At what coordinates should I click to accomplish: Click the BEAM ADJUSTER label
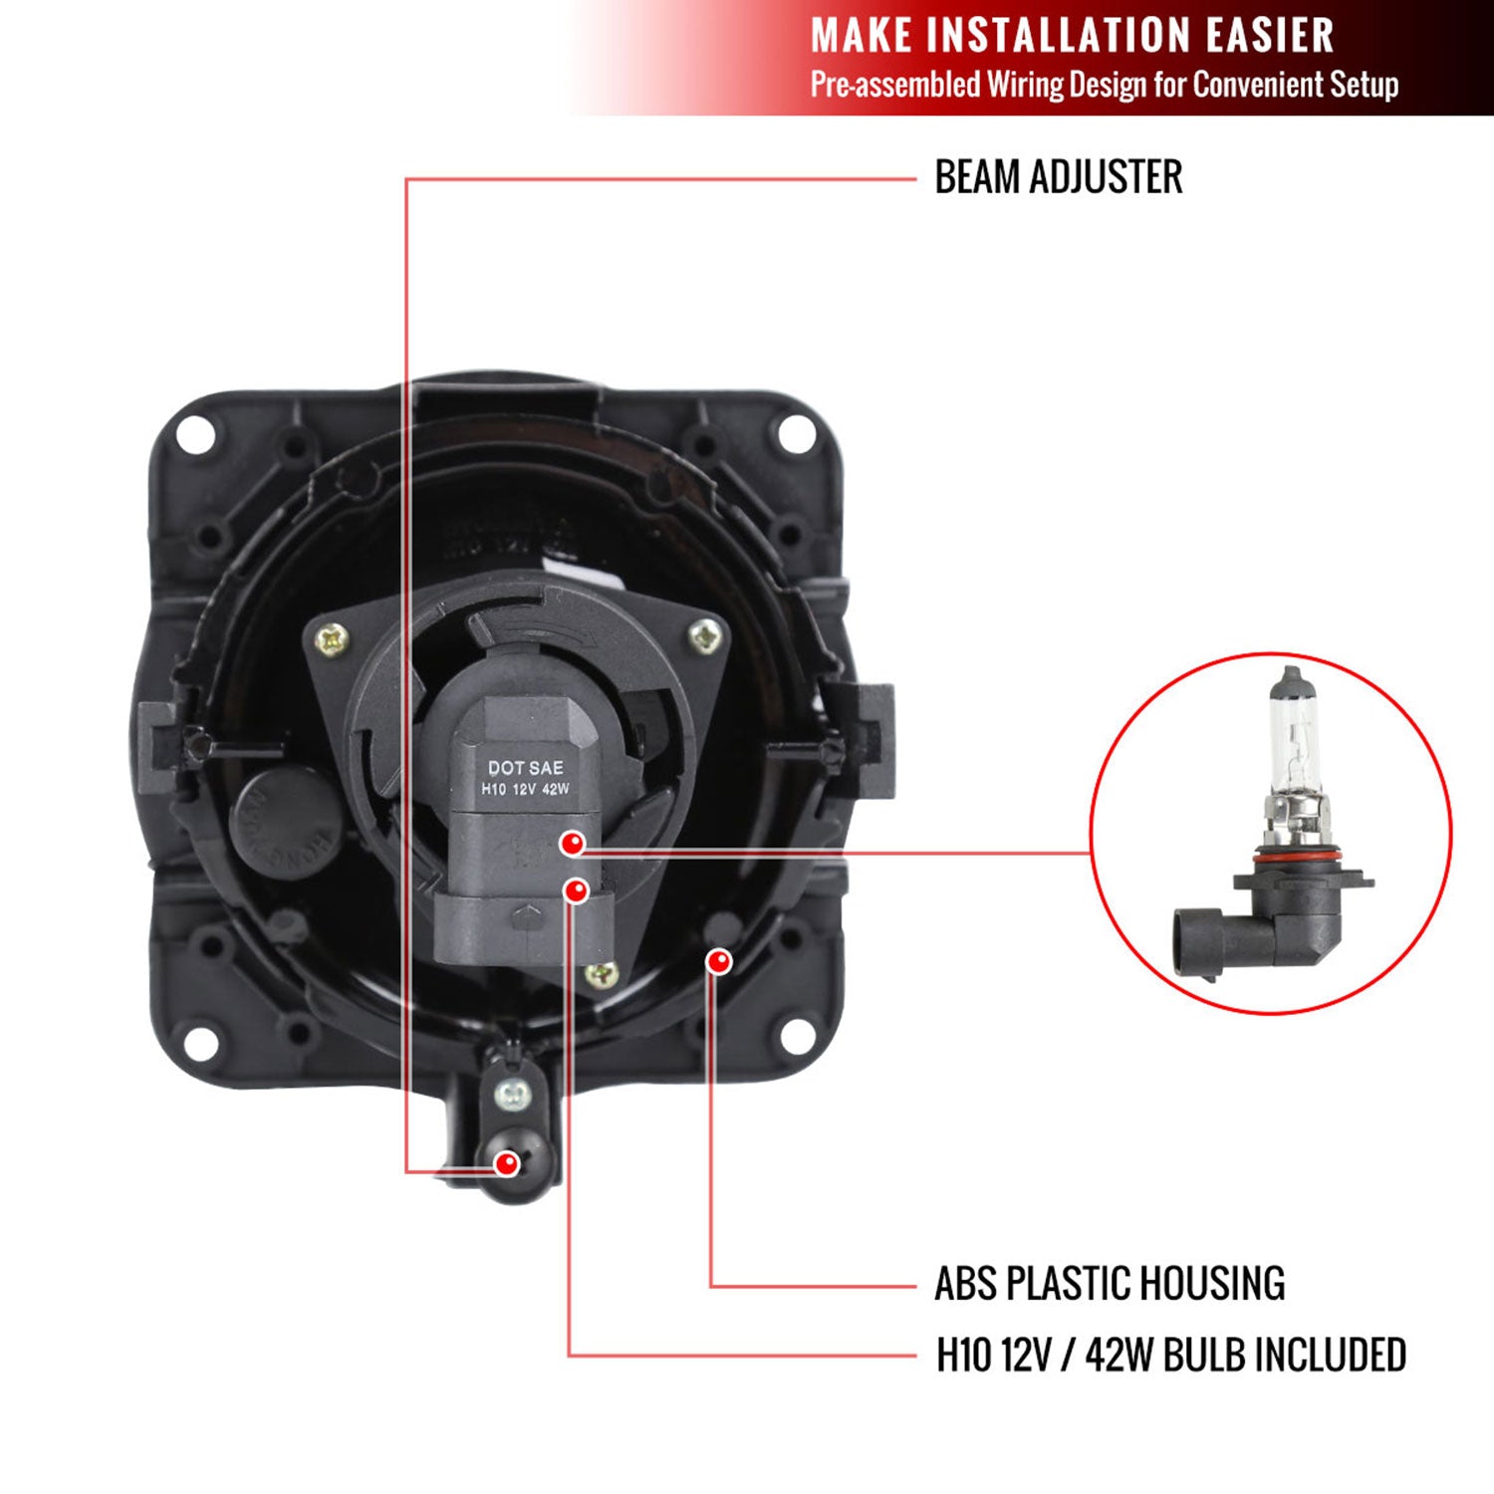click(x=1058, y=177)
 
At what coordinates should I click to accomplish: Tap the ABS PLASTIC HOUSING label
click(x=1109, y=1284)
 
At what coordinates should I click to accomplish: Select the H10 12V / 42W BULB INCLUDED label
click(x=1170, y=1356)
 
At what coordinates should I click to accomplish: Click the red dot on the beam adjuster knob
click(x=507, y=1162)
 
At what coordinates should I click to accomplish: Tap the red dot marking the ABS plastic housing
click(x=719, y=961)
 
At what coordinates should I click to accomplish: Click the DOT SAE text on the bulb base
click(x=525, y=768)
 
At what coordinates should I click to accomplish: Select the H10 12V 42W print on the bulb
click(x=525, y=790)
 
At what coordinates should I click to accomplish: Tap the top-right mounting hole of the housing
click(x=797, y=433)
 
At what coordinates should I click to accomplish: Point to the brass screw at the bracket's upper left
click(x=332, y=636)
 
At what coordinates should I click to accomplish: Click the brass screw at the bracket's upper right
click(x=706, y=634)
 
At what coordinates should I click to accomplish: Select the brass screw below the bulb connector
click(x=601, y=975)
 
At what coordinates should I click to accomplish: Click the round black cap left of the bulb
click(x=271, y=820)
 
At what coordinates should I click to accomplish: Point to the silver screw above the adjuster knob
click(x=513, y=1096)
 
